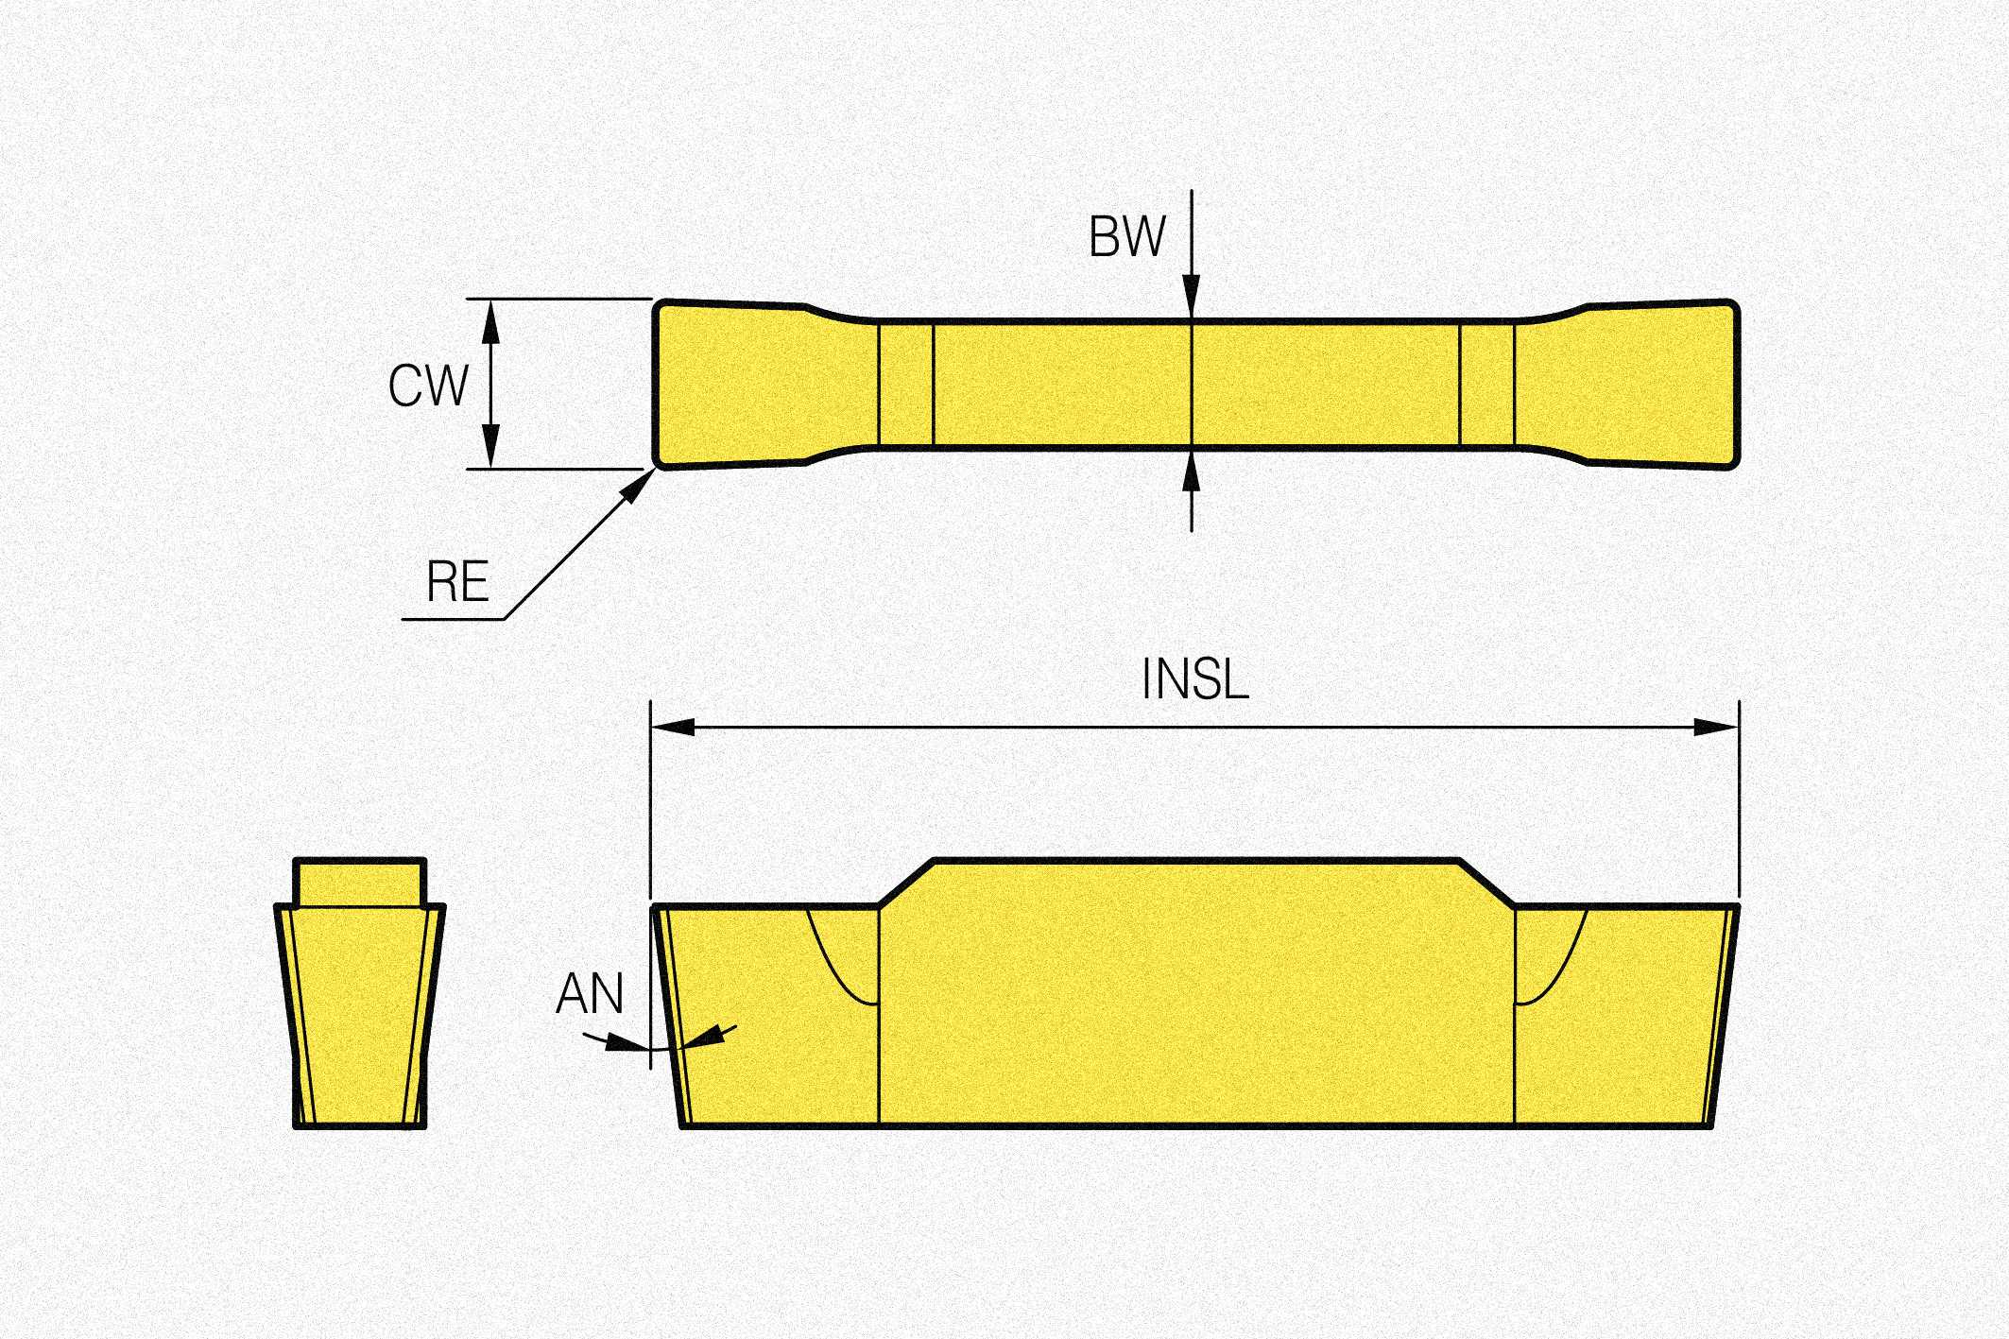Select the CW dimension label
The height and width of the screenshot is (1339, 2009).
(428, 386)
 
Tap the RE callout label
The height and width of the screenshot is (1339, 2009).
(457, 581)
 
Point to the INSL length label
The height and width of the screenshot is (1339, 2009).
(1194, 679)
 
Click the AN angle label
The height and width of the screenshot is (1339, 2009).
(590, 994)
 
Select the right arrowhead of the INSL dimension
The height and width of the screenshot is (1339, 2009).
(1716, 727)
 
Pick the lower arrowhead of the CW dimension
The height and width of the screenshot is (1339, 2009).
(490, 445)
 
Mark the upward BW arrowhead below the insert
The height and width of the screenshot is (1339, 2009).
(1192, 472)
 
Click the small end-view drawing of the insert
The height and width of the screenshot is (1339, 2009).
(360, 1002)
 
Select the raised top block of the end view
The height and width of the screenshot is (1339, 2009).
(360, 882)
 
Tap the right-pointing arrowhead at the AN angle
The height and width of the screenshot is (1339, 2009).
(620, 1042)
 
